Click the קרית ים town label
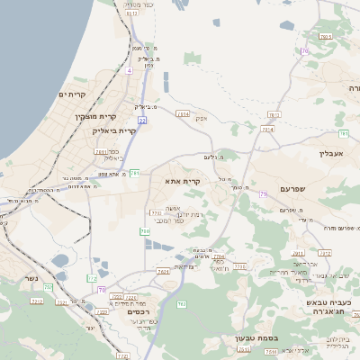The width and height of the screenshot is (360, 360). [71, 94]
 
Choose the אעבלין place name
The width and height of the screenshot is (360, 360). [332, 153]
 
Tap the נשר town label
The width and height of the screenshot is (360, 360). [31, 278]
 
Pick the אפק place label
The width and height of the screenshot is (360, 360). [202, 118]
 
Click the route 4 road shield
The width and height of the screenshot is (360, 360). [130, 69]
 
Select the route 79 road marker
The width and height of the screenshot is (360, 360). [263, 193]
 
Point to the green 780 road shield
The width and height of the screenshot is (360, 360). [144, 231]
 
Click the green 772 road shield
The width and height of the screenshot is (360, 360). [91, 279]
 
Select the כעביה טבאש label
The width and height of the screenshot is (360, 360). [333, 302]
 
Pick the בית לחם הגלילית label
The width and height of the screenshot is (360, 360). [337, 341]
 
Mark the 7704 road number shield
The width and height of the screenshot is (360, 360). [219, 256]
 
